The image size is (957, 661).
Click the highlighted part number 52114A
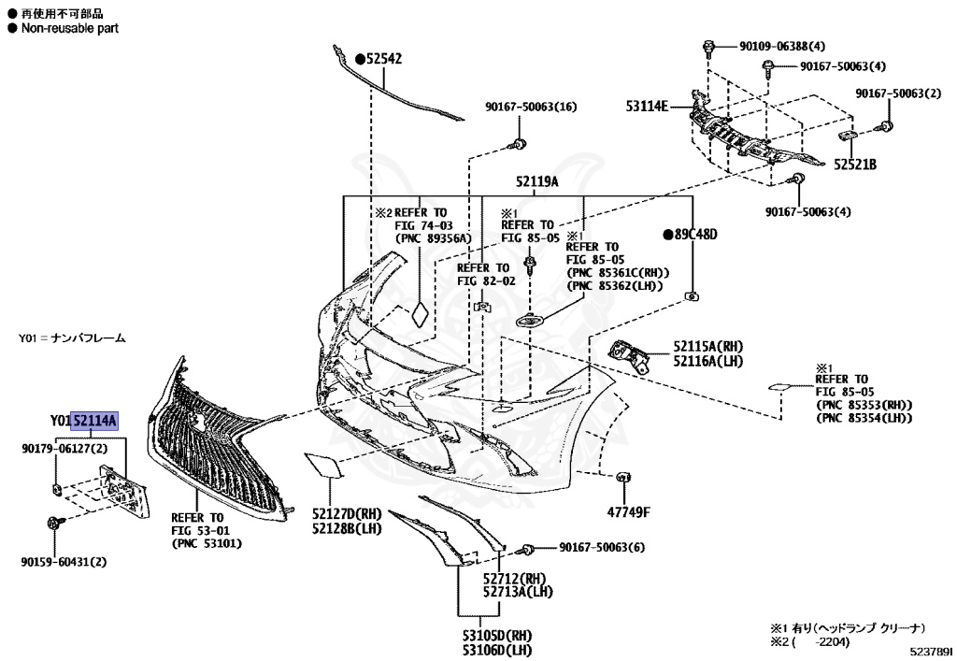pos(95,421)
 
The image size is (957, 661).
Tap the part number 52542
pos(383,58)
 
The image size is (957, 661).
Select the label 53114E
pos(647,106)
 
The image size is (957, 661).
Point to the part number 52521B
pos(855,165)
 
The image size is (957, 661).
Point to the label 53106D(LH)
pos(495,650)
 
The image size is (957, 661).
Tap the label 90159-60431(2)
pos(64,562)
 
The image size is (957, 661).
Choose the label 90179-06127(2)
pos(64,450)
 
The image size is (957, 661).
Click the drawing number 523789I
pos(928,650)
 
